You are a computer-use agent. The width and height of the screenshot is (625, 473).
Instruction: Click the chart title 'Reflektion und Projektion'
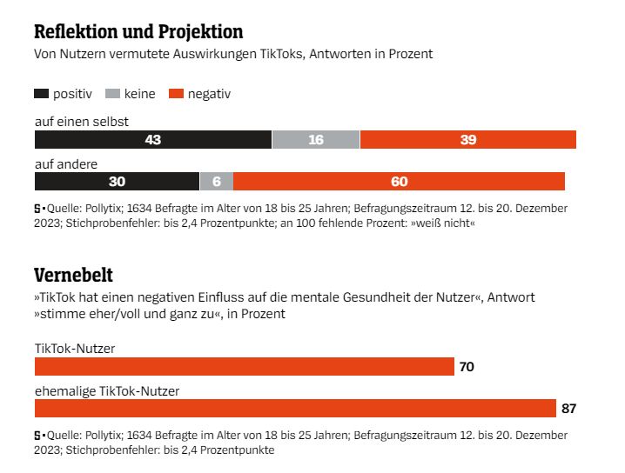138,32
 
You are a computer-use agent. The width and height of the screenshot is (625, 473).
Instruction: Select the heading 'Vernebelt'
73,276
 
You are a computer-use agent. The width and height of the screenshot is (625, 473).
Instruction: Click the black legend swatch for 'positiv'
41,94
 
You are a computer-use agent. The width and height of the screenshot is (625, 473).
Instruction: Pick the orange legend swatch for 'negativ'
178,94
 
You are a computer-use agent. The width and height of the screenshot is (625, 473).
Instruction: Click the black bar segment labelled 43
152,140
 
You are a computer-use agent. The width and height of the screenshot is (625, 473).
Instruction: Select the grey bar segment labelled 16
315,140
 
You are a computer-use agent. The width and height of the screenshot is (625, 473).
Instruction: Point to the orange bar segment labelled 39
467,140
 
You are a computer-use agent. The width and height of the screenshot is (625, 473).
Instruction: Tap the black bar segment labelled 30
117,181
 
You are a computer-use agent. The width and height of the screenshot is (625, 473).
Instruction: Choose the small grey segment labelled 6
217,181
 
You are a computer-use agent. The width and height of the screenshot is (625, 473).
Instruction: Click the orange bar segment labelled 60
400,181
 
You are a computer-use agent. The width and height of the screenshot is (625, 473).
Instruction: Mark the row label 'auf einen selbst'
82,122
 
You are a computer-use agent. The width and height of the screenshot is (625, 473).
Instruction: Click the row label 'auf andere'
65,163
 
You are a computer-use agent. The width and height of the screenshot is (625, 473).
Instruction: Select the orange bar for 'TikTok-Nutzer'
244,366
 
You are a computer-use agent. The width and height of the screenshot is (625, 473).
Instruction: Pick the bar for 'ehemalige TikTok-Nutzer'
295,408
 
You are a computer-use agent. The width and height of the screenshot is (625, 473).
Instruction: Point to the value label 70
467,367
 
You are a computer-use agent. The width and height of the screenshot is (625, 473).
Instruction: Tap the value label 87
569,409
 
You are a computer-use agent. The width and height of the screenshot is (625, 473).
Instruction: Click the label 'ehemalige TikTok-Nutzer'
107,391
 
